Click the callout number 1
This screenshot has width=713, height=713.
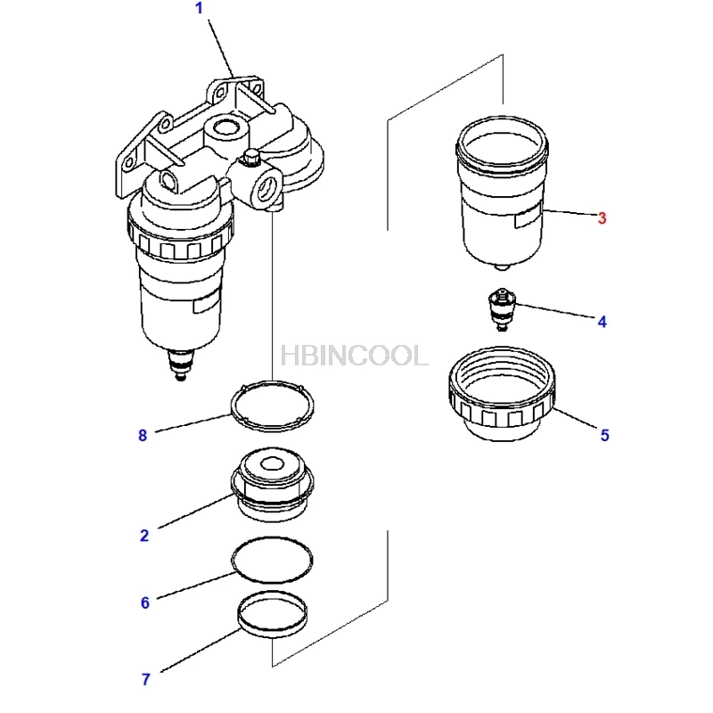click(199, 9)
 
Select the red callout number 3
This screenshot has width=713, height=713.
click(602, 217)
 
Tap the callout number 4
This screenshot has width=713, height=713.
click(602, 322)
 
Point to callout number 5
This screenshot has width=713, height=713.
click(603, 435)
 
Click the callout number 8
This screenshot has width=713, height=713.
click(142, 435)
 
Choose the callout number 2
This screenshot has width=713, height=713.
click(143, 535)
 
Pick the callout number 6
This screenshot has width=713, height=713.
click(144, 602)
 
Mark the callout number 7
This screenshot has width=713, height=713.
click(144, 679)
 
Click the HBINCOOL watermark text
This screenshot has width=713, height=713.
click(354, 356)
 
